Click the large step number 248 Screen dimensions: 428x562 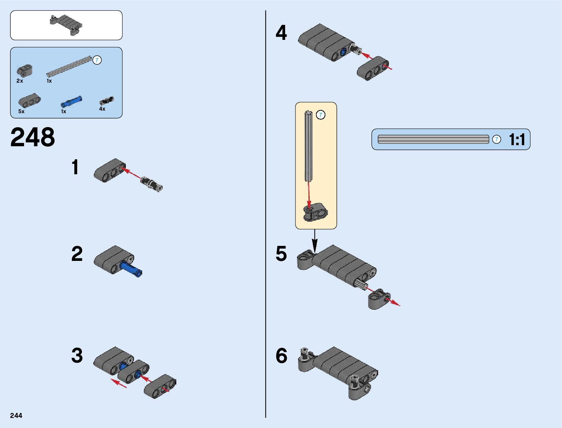pos(33,137)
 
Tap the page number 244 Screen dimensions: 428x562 pos(16,415)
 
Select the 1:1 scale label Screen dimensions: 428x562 pos(517,139)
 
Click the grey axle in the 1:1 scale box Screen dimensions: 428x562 pos(433,139)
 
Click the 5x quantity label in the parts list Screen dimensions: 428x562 pos(22,111)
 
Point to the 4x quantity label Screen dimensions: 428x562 pos(102,109)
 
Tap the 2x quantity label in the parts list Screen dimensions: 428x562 pos(20,81)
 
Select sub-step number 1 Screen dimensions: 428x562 pos(75,167)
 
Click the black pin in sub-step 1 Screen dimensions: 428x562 pos(152,183)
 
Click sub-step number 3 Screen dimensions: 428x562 pos(77,356)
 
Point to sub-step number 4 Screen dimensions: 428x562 pos(281,33)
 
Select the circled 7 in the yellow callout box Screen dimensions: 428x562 pos(320,115)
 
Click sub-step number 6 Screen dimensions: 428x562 pos(281,356)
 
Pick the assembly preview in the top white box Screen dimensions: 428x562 pos(66,25)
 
